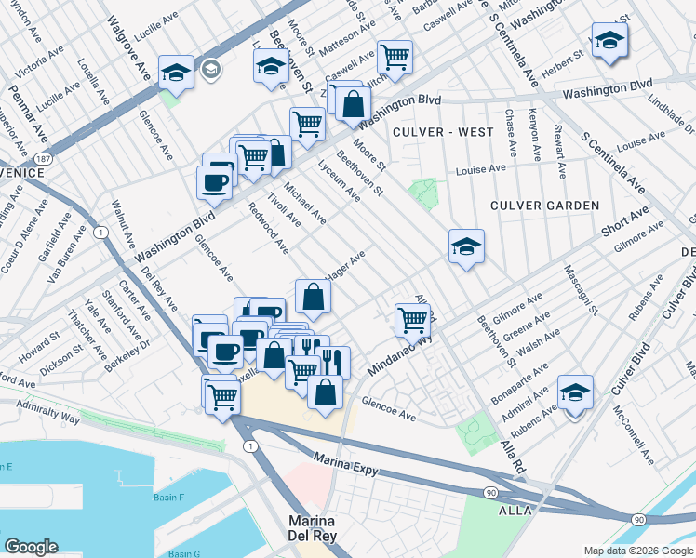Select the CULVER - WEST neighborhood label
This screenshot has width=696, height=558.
(x=443, y=132)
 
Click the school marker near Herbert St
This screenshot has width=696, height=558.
(x=609, y=40)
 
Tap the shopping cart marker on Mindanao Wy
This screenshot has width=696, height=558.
(x=412, y=319)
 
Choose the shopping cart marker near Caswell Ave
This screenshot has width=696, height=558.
(x=395, y=57)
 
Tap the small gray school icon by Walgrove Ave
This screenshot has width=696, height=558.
(x=212, y=68)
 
